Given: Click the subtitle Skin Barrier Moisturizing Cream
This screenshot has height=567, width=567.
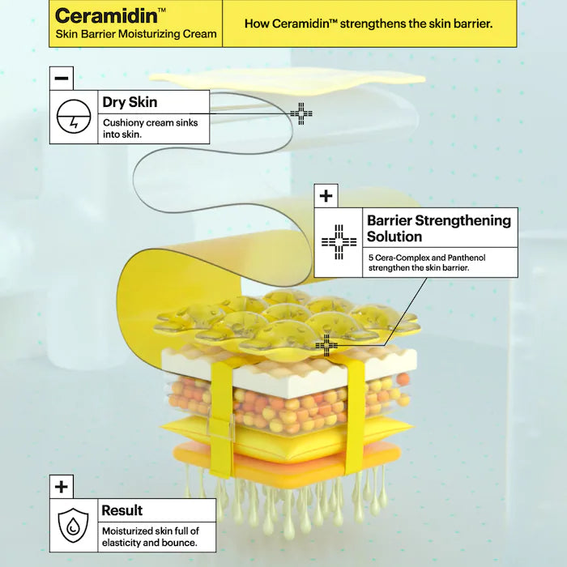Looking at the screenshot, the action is tap(136, 34).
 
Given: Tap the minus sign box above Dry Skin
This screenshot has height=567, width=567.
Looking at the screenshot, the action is tap(62, 78).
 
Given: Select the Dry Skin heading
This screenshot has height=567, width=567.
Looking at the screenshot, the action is tap(130, 102).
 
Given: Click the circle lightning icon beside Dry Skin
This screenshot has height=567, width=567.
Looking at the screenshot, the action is tap(74, 117).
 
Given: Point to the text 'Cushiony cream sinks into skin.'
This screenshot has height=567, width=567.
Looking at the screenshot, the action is tap(151, 128).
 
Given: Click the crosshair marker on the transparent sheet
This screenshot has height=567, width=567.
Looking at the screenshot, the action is tap(301, 113).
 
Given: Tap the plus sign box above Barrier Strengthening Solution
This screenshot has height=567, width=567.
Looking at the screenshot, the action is tap(326, 196).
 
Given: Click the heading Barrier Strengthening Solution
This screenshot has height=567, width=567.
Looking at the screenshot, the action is tap(439, 228).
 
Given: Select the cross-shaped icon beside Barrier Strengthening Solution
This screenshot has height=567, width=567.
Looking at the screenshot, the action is tap(339, 242).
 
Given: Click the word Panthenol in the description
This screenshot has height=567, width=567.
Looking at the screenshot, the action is tap(467, 258).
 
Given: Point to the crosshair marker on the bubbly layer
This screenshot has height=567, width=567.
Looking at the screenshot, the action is tap(326, 345).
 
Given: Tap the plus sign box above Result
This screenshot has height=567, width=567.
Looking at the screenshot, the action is tap(62, 487).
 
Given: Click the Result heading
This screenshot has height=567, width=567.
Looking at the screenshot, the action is tap(122, 510).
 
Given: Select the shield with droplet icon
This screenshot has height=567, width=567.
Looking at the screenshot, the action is tap(74, 526).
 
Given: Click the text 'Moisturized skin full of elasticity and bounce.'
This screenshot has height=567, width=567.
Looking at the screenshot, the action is tap(151, 536).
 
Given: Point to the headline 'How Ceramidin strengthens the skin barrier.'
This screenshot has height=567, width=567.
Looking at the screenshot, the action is tap(369, 23).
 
